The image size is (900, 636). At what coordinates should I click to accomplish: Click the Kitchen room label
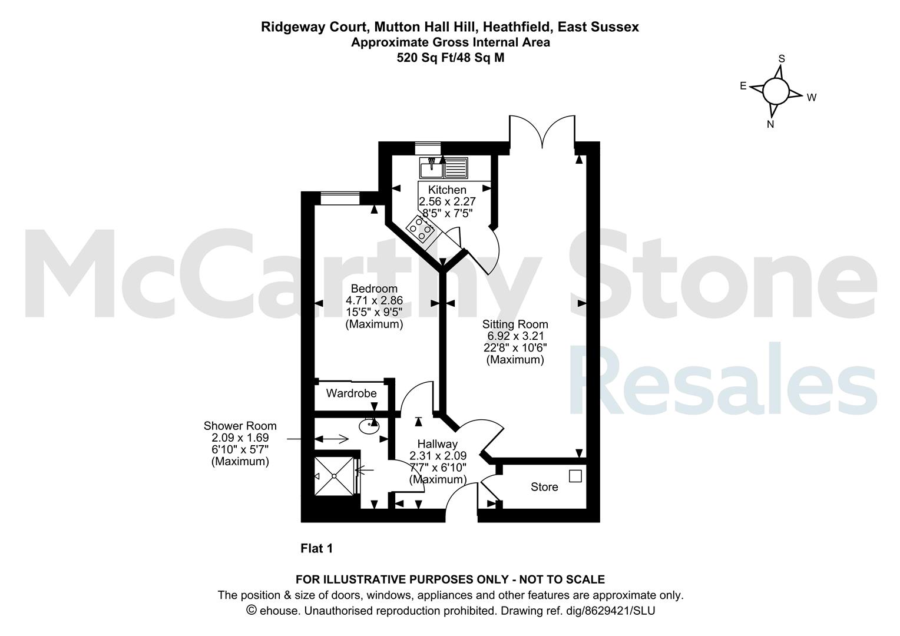coord(447,190)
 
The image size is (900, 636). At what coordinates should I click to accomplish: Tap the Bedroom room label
coord(374,289)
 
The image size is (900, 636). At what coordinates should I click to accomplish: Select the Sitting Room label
coord(515,324)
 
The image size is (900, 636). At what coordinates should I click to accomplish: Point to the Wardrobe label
coord(351,393)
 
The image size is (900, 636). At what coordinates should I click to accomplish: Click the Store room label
coord(544,487)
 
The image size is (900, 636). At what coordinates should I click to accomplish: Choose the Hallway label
coord(438,444)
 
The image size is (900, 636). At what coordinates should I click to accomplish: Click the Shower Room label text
coord(240,426)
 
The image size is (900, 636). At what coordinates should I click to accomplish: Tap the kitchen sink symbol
coord(444,168)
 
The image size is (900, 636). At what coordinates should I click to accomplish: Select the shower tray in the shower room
coord(335,476)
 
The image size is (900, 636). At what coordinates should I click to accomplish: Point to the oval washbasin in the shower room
coord(369,427)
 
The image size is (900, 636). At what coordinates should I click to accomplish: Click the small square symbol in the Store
coord(575,476)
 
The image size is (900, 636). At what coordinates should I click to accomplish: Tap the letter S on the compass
coord(782,59)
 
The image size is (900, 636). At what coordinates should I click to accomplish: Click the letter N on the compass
coord(770,124)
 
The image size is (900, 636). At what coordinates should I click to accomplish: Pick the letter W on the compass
coord(812,97)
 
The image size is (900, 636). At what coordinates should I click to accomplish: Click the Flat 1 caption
coord(317,548)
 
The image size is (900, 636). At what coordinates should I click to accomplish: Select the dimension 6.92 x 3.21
coord(515,336)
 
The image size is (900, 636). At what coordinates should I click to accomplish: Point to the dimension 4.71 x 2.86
coord(374,300)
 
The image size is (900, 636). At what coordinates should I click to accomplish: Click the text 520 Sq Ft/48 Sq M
coord(451,58)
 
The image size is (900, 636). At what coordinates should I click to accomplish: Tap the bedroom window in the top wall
coord(340,198)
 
